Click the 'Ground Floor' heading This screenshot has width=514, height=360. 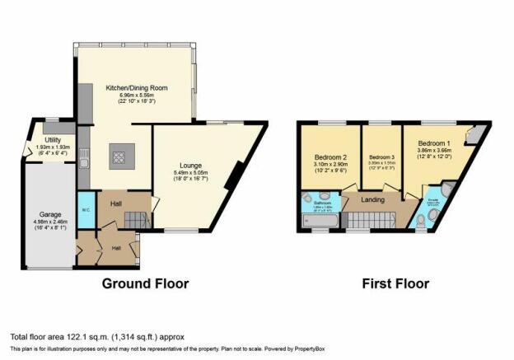[x=145, y=283]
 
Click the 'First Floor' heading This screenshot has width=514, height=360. [x=396, y=283]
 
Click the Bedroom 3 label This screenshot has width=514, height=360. [x=381, y=157]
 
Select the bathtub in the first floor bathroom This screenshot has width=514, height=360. [x=318, y=222]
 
